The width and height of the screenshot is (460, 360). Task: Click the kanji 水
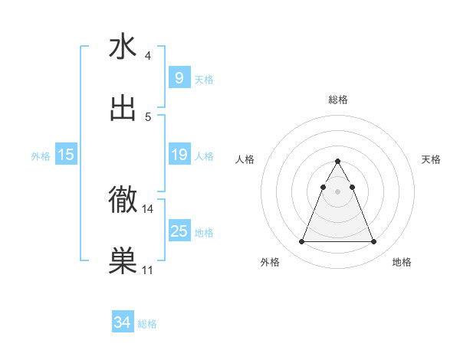pyautogui.click(x=123, y=47)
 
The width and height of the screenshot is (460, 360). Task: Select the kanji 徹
pyautogui.click(x=123, y=200)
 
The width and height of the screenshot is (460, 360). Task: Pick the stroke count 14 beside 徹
pyautogui.click(x=148, y=208)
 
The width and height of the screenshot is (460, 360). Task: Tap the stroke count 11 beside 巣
pyautogui.click(x=148, y=270)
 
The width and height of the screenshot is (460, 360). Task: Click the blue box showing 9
pyautogui.click(x=179, y=78)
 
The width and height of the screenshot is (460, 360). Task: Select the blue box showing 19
pyautogui.click(x=179, y=155)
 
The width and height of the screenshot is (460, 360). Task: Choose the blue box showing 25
pyautogui.click(x=179, y=231)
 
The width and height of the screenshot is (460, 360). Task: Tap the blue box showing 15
pyautogui.click(x=66, y=155)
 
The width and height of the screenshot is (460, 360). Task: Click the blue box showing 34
pyautogui.click(x=122, y=322)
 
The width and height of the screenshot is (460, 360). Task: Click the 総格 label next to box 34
pyautogui.click(x=147, y=324)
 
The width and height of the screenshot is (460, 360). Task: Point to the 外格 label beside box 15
pyautogui.click(x=41, y=155)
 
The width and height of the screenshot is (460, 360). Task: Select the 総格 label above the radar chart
pyautogui.click(x=338, y=100)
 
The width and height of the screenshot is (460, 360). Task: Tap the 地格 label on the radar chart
pyautogui.click(x=402, y=262)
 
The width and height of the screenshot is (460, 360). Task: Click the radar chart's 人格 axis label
pyautogui.click(x=246, y=159)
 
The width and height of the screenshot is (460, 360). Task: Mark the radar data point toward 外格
pyautogui.click(x=301, y=242)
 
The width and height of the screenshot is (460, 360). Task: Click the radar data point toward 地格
pyautogui.click(x=373, y=242)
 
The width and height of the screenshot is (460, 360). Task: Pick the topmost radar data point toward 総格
pyautogui.click(x=337, y=161)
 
